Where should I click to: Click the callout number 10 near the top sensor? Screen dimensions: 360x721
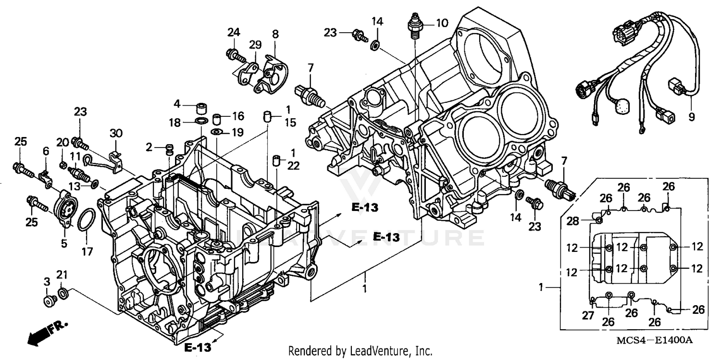coord(442,22)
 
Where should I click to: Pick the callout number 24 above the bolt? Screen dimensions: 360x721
coord(234,33)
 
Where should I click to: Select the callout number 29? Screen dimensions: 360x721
coord(255,45)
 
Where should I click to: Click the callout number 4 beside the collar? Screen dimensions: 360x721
coord(177,103)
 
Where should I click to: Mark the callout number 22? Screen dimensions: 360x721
coord(294,166)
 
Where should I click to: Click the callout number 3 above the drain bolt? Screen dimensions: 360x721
coord(47,281)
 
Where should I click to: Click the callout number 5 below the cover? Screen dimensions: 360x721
coord(64,243)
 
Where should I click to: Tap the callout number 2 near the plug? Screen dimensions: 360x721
coord(149,147)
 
